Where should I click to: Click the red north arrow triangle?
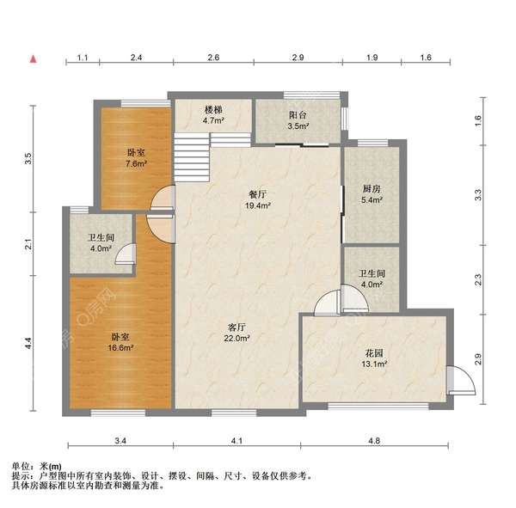pos(33,59)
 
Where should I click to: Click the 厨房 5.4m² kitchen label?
pos(371,194)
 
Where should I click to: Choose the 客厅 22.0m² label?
pos(238,332)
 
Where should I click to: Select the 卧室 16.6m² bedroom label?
pos(120,341)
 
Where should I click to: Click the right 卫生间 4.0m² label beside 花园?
pos(371,279)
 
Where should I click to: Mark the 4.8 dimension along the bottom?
pos(374,440)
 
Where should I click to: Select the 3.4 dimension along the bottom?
pos(120,440)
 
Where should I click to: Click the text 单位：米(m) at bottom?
pos(36,465)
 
